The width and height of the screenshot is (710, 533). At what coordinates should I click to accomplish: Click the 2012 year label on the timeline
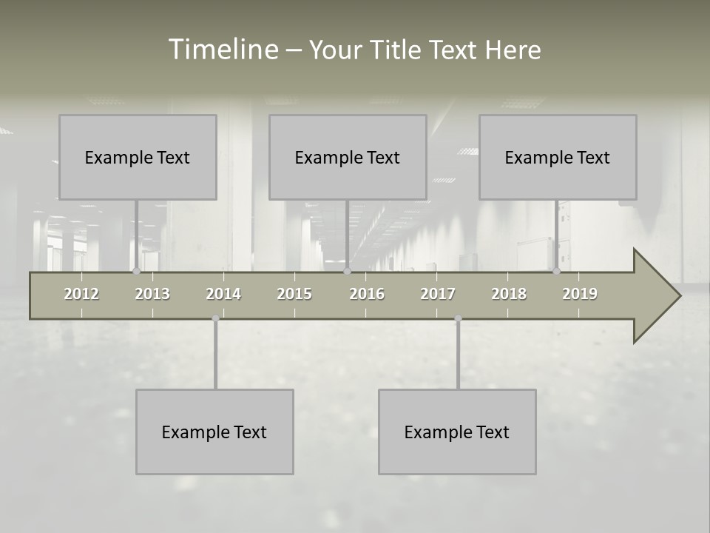coord(81,294)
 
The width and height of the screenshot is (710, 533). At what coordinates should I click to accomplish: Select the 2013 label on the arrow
coord(152,294)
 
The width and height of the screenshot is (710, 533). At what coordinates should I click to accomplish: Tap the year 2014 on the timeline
coord(223,294)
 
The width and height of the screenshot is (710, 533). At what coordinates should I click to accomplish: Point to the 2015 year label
coord(294,294)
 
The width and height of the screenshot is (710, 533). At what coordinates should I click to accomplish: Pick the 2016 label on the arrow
coord(367,294)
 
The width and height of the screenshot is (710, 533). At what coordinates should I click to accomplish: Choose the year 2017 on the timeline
coord(438,294)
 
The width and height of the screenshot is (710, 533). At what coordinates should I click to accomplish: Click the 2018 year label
coord(509,294)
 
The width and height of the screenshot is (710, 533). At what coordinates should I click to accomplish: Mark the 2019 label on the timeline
coord(580,294)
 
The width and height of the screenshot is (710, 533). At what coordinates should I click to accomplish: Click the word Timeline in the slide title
coord(223,50)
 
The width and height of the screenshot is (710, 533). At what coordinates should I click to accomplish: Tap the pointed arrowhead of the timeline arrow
coord(658,296)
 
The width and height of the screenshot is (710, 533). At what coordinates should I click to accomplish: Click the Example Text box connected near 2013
coord(138,157)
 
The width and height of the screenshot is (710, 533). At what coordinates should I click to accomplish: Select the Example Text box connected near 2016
coord(348,157)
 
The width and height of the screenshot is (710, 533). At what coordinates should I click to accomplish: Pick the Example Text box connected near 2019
coord(558,157)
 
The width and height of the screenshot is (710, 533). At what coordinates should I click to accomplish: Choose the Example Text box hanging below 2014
coord(214,432)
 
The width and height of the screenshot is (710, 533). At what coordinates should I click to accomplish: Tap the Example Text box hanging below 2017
coord(457,432)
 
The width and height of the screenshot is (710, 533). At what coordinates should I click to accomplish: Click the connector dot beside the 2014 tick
coord(215,318)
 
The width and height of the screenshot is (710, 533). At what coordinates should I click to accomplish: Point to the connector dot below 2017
coord(458,318)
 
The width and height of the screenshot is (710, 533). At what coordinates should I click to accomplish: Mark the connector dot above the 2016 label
coord(347,272)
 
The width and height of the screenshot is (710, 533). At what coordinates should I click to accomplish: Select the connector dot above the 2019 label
coord(556,272)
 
